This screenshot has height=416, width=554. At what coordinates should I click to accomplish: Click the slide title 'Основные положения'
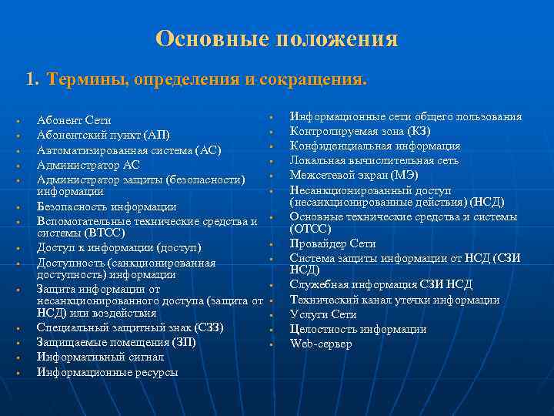276,39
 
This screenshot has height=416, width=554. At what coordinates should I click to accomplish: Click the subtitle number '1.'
32,79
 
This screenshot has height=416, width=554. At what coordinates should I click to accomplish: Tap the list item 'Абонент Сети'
74,121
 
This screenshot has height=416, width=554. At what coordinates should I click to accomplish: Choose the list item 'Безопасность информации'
107,206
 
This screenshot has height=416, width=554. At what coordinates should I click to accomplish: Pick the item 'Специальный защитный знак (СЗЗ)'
130,327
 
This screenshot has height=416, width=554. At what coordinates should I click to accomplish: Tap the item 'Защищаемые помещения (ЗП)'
116,342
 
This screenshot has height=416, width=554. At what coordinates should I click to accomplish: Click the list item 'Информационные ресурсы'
107,372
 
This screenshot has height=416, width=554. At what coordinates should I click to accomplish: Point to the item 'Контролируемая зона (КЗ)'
359,131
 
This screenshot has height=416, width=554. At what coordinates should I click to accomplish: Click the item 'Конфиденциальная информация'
375,146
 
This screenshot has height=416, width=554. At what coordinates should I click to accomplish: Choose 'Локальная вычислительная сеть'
374,160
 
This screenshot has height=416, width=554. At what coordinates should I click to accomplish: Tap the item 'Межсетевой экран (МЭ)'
354,174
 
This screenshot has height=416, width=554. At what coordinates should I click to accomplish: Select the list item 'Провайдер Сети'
332,244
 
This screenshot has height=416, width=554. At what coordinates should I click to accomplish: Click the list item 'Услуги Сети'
322,315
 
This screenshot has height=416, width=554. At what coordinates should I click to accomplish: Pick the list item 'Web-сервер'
320,344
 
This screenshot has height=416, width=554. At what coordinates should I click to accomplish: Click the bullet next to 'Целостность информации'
272,330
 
